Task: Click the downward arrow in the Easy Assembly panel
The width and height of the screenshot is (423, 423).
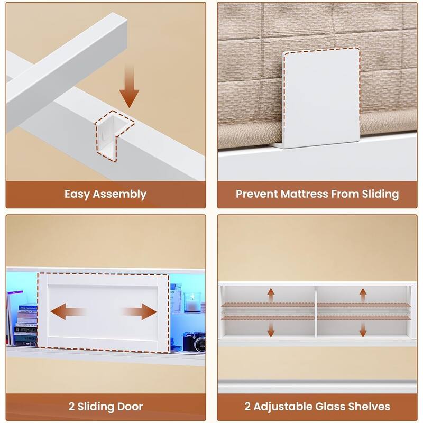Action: coord(129,86)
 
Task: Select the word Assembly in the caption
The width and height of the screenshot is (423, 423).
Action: coord(119,195)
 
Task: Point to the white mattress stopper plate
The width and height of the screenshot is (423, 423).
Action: coord(321,98)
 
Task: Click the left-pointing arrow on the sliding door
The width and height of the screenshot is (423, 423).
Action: coord(68,311)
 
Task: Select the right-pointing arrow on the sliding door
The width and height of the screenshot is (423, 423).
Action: coord(139,311)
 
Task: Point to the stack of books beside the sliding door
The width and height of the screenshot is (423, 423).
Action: coord(26,326)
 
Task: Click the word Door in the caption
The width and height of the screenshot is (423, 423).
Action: coord(131,407)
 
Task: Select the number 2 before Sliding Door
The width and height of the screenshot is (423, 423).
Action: coord(71,407)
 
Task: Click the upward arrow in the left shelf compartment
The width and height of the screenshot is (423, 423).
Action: coord(271,295)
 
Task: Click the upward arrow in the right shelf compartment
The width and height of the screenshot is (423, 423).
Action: coord(363,295)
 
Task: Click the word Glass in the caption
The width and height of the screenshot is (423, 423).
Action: coord(330,407)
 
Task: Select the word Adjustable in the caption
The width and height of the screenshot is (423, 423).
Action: coord(282,407)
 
